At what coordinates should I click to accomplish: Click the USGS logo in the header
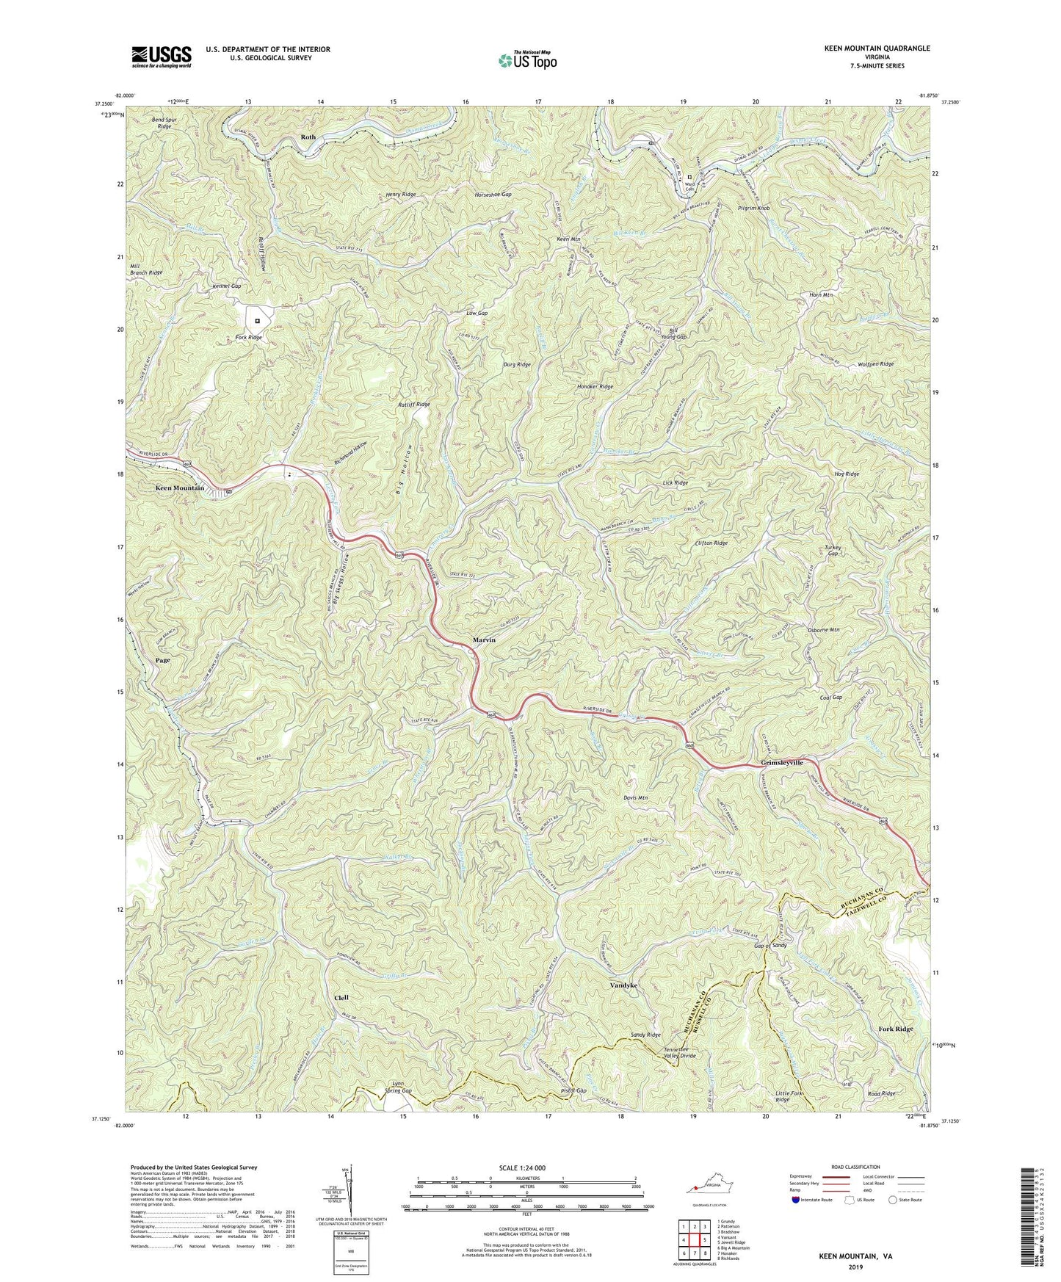(162, 56)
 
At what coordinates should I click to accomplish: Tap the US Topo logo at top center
(526, 60)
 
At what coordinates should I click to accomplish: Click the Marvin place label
(483, 640)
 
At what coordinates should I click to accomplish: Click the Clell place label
(341, 998)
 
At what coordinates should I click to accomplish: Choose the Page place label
(162, 660)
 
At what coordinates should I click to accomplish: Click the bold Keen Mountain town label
(179, 488)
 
